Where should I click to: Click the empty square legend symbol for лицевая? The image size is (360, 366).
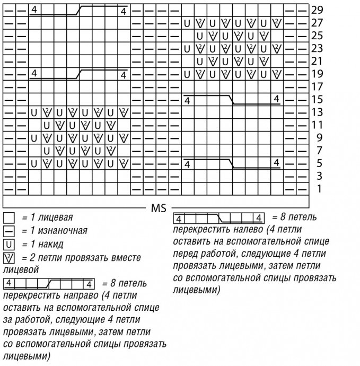click(x=8, y=218)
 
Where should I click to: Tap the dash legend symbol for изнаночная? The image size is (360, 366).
click(x=8, y=231)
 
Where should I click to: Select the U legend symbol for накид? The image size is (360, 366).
click(x=8, y=245)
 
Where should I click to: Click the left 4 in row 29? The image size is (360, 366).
click(x=33, y=10)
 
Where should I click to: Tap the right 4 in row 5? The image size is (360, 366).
click(x=276, y=162)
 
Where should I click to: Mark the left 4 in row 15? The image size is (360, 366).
click(x=188, y=100)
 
